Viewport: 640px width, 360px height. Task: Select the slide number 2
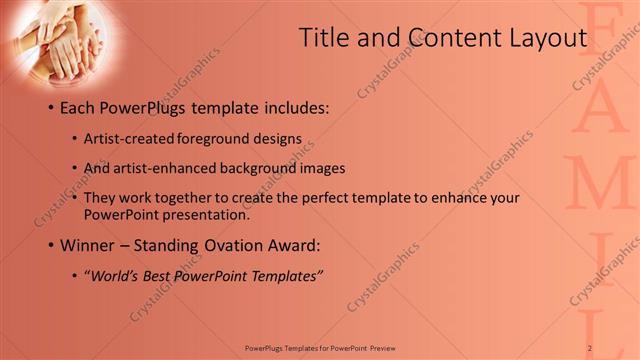click(590, 348)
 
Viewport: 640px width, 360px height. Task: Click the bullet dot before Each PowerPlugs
click(51, 108)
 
